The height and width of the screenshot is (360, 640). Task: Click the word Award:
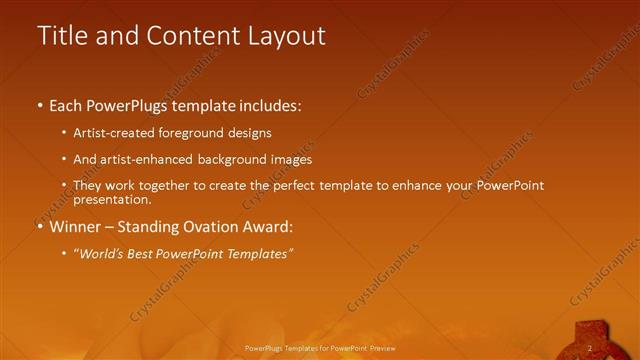(268, 227)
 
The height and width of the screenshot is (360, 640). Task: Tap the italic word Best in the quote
(146, 254)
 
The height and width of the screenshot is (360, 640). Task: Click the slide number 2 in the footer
(590, 348)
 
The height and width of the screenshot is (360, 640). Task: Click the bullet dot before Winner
(40, 227)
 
